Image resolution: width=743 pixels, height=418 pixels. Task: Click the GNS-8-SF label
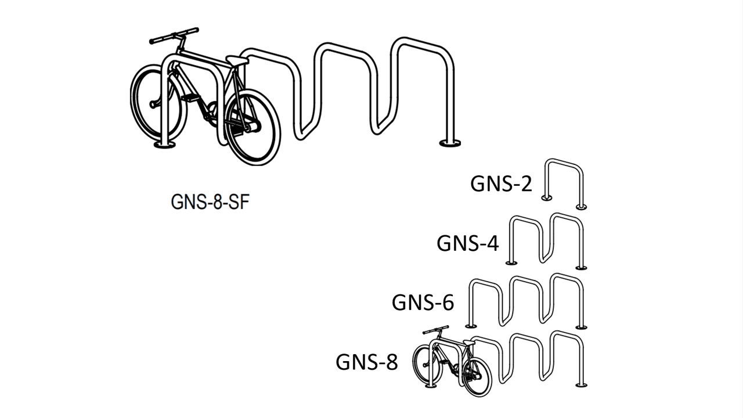tap(205, 203)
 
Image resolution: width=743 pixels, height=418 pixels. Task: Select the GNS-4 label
tap(467, 244)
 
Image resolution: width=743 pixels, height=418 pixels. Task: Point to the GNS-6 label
tap(423, 302)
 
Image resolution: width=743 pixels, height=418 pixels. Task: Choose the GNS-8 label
tap(367, 362)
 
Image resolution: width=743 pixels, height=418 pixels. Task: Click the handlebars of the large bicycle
tap(174, 36)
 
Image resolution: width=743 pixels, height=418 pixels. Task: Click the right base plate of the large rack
tap(450, 142)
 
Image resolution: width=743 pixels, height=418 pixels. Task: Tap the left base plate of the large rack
tap(164, 144)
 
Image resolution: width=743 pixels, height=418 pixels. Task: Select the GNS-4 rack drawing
tap(546, 240)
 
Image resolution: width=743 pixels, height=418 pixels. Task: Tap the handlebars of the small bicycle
tap(436, 330)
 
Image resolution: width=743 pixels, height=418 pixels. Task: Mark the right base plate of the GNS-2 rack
tap(580, 206)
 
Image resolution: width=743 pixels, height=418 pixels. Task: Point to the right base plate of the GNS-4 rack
tap(580, 267)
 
